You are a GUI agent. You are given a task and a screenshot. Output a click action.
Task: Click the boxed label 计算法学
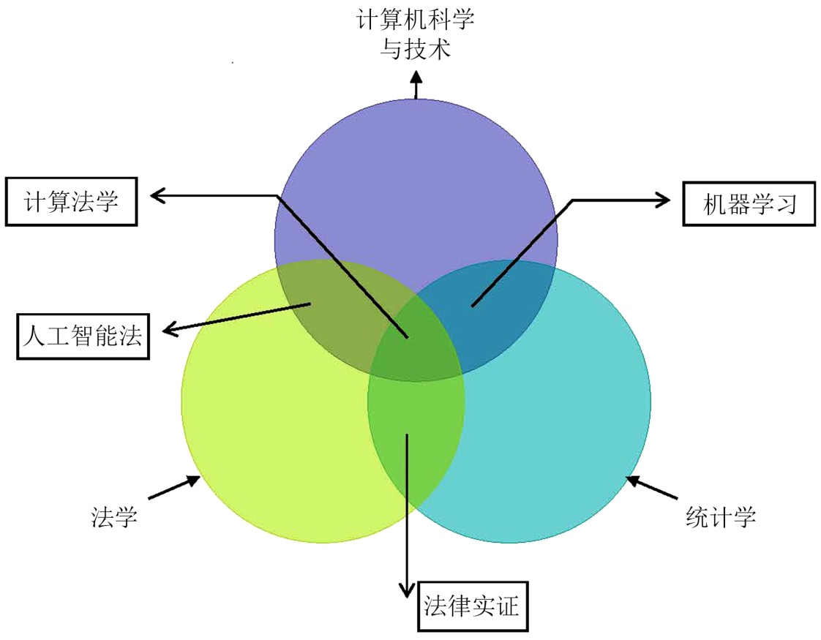click(72, 201)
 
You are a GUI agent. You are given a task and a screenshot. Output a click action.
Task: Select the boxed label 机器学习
click(749, 203)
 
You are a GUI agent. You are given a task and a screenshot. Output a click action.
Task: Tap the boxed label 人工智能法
click(83, 336)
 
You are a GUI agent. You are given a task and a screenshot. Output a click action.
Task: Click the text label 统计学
click(721, 517)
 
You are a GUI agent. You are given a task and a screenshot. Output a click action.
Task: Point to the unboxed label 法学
click(113, 517)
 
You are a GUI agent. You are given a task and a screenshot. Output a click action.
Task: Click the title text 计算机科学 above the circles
click(416, 20)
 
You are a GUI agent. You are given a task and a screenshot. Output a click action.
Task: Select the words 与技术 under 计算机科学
click(416, 49)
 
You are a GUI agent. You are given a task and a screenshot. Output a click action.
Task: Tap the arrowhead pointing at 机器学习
click(662, 199)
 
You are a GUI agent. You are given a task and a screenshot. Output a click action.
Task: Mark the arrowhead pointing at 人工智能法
click(170, 331)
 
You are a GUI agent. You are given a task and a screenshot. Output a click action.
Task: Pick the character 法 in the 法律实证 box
click(436, 606)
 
